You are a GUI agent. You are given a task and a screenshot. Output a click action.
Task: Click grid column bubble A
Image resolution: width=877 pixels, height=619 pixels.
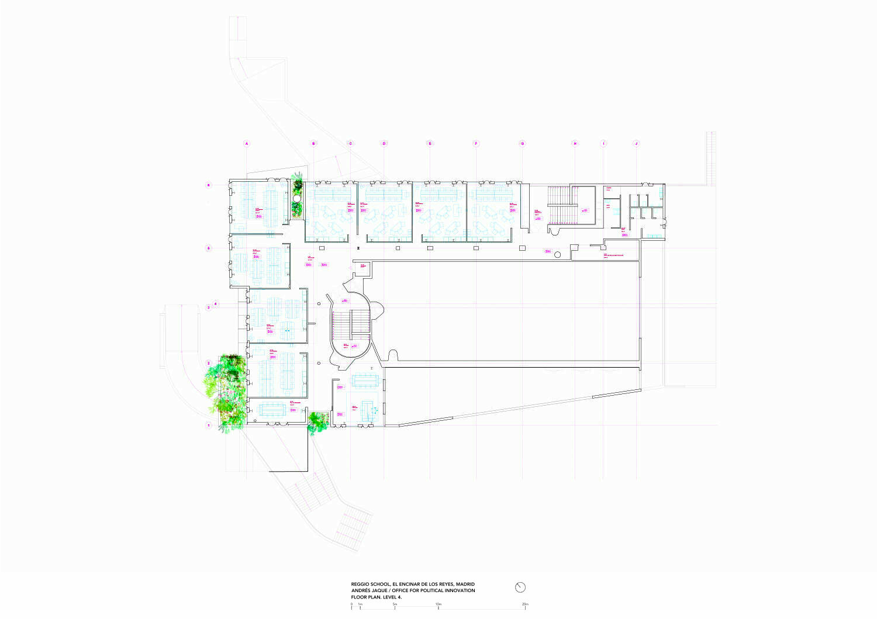(247, 143)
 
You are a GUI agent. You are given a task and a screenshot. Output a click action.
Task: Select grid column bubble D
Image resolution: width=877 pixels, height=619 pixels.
(384, 143)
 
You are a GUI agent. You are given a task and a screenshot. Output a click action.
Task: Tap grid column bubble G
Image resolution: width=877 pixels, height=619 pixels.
(523, 143)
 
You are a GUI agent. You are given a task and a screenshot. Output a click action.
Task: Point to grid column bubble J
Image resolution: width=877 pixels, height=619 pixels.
(637, 143)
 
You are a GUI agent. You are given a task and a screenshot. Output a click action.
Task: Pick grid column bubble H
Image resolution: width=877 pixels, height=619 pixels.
(575, 143)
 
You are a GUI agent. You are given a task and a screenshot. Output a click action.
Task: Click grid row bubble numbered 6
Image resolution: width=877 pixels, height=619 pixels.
(208, 185)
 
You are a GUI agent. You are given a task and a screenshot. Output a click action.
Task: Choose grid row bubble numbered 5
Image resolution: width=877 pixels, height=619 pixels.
(208, 248)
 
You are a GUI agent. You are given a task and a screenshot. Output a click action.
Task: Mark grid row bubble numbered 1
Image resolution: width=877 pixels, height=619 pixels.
(208, 426)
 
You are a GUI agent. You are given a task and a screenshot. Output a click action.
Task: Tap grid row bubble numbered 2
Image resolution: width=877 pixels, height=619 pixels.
(208, 363)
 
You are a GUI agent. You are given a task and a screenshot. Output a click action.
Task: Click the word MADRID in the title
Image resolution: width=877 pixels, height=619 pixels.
(465, 584)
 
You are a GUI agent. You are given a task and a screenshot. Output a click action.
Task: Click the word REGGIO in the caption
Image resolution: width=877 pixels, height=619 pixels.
(360, 584)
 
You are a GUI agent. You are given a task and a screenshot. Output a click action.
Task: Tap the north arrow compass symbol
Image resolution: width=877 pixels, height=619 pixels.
(520, 587)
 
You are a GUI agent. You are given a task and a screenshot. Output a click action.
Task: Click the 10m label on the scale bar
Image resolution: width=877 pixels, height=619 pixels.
(438, 604)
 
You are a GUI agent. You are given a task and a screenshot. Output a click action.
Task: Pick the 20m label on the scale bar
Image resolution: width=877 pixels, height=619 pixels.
(525, 604)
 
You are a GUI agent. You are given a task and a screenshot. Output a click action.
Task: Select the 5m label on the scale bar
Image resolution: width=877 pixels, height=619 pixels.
(395, 604)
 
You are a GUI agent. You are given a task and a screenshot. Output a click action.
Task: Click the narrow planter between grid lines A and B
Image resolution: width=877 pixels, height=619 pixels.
(298, 198)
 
